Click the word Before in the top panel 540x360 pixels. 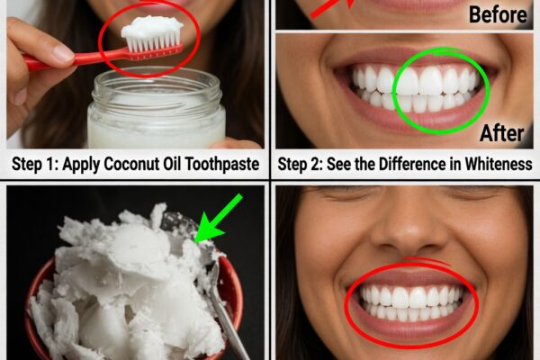(498, 15)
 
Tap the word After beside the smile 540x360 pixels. (502, 133)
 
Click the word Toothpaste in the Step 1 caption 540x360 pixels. (222, 164)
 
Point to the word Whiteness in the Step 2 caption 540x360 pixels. (499, 164)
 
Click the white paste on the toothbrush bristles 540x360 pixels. (152, 27)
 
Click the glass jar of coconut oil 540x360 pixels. (157, 109)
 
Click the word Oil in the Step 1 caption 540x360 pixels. (172, 164)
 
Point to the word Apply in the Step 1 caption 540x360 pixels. (81, 165)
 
